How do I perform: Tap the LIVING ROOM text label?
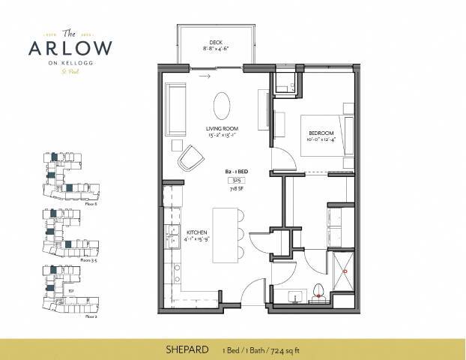(x=223, y=128)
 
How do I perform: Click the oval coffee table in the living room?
(x=223, y=105)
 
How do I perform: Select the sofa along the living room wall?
(x=177, y=109)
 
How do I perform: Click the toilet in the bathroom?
(x=320, y=291)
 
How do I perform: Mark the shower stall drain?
(x=345, y=269)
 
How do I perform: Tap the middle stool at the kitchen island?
(x=239, y=233)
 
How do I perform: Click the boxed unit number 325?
(x=236, y=181)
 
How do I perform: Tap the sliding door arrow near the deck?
(x=200, y=74)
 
